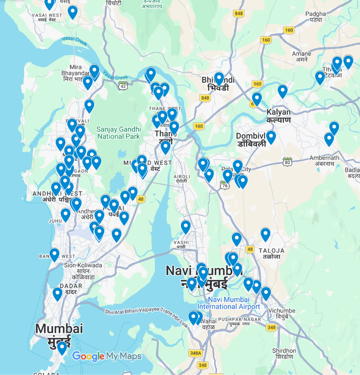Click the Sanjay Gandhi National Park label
click(x=118, y=133)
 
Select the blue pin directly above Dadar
click(x=57, y=294)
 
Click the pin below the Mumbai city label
click(x=62, y=347)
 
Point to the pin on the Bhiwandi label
click(x=219, y=78)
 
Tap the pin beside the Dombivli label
click(x=271, y=137)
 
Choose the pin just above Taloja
click(x=265, y=234)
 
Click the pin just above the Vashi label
click(x=185, y=227)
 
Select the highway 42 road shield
click(x=123, y=86)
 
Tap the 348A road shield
click(x=195, y=353)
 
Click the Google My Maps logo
click(x=107, y=357)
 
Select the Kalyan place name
click(x=278, y=116)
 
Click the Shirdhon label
click(x=284, y=354)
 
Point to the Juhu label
click(x=55, y=221)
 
